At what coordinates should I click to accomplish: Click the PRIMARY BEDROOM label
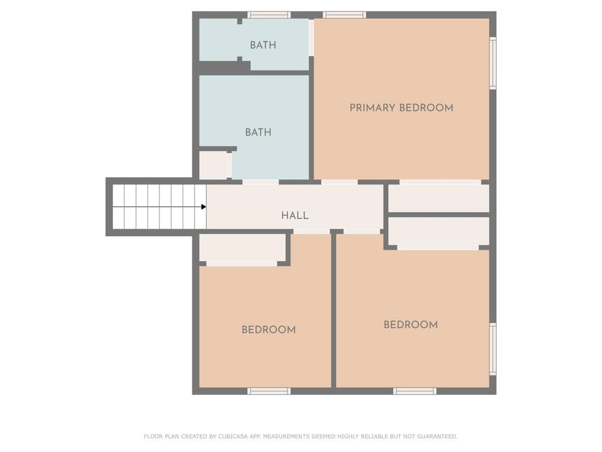pyautogui.click(x=401, y=107)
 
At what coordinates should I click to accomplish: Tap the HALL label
pyautogui.click(x=295, y=215)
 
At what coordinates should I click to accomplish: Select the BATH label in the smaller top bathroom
pyautogui.click(x=263, y=45)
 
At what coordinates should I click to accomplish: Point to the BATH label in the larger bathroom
pyautogui.click(x=258, y=132)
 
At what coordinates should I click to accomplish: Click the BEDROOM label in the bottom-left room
pyautogui.click(x=269, y=330)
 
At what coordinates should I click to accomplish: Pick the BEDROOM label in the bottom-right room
pyautogui.click(x=411, y=325)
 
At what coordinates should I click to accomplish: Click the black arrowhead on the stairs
pyautogui.click(x=204, y=207)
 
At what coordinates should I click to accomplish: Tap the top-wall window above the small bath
pyautogui.click(x=269, y=15)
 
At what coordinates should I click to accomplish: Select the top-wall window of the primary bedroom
pyautogui.click(x=344, y=15)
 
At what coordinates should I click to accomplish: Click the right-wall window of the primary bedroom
pyautogui.click(x=493, y=63)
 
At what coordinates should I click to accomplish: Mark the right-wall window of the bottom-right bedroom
pyautogui.click(x=493, y=349)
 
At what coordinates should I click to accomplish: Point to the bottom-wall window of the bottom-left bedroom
pyautogui.click(x=269, y=391)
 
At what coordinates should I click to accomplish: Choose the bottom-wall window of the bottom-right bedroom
pyautogui.click(x=415, y=391)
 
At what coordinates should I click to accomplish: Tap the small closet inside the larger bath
pyautogui.click(x=213, y=165)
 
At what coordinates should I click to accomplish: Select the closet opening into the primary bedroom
pyautogui.click(x=439, y=198)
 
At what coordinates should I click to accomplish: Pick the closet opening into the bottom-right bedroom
pyautogui.click(x=439, y=232)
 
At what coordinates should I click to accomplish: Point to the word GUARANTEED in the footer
pyautogui.click(x=437, y=436)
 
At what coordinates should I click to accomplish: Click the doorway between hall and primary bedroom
pyautogui.click(x=339, y=182)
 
